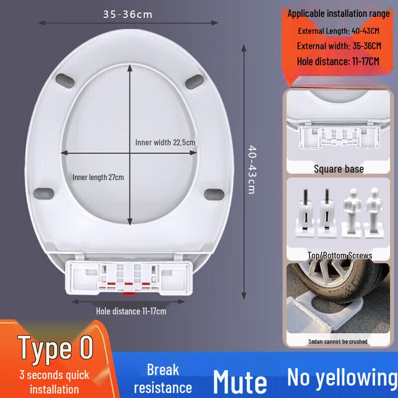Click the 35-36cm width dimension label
tap(128, 14)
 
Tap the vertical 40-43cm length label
tap(252, 170)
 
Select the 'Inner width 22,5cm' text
tap(165, 142)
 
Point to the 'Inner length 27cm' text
tap(98, 177)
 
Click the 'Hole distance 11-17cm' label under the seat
tap(131, 311)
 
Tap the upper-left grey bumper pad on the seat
tap(65, 81)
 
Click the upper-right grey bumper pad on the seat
tap(195, 82)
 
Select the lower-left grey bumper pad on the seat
tap(44, 194)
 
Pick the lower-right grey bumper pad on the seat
tap(214, 195)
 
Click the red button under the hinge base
tap(128, 294)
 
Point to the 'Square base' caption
tap(339, 169)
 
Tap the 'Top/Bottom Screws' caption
tap(340, 255)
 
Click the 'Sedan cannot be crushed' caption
tap(338, 342)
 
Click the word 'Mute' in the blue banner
tap(240, 382)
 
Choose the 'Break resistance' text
tap(163, 379)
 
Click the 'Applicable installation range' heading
tap(338, 13)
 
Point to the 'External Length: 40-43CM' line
tap(339, 31)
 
